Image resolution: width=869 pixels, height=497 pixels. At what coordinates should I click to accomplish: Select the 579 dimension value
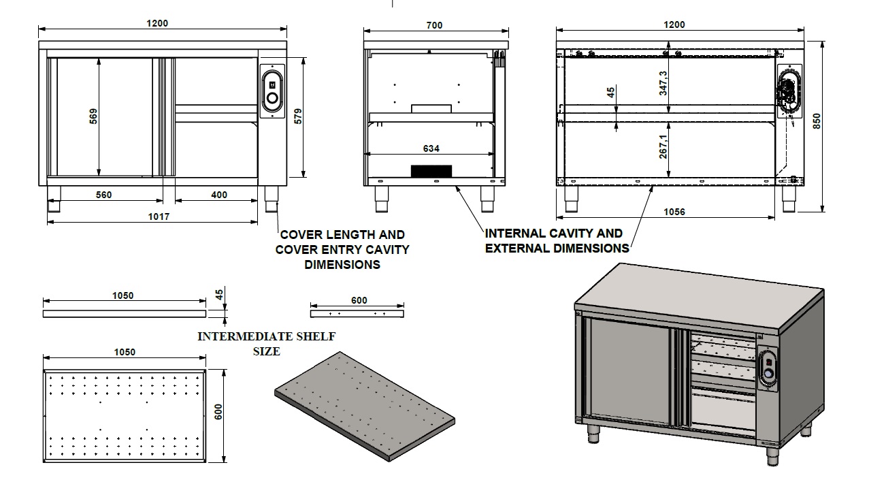point(297,116)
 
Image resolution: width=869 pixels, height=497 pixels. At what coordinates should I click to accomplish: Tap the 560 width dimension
point(103,195)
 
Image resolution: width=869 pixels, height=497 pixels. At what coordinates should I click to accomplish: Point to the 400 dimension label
point(219,195)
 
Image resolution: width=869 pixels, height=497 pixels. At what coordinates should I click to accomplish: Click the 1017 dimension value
point(159,217)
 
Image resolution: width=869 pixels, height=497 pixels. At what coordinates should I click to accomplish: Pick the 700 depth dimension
point(434,25)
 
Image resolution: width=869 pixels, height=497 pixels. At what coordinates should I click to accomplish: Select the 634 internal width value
point(431,148)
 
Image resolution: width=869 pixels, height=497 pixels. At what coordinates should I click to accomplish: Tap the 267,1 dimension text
point(663,145)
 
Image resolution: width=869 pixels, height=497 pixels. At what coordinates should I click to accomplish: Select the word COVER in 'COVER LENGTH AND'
point(300,235)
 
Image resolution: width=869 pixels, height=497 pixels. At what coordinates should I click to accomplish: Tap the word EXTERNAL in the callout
point(515,248)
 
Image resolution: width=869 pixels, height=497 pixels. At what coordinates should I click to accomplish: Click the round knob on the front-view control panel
point(272,99)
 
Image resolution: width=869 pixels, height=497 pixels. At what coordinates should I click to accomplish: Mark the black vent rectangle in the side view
point(431,171)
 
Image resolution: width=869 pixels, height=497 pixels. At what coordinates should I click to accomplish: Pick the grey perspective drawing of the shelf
point(364,407)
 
